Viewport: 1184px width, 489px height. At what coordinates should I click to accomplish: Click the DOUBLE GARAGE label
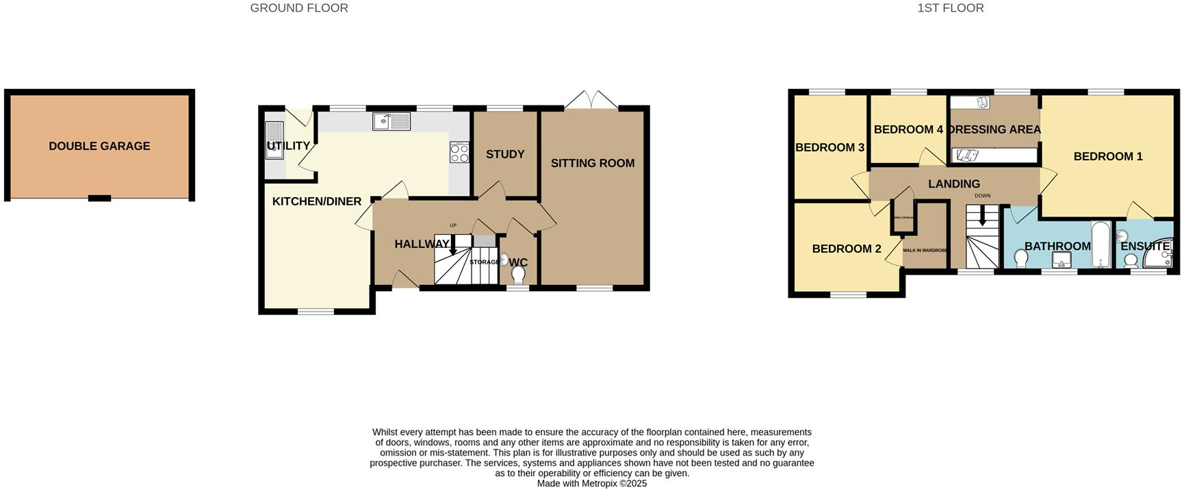click(99, 146)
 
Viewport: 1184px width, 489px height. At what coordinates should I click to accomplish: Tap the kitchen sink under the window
click(391, 122)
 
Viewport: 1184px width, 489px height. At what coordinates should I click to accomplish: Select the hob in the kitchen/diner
click(459, 152)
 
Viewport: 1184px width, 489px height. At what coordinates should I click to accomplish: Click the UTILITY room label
click(288, 146)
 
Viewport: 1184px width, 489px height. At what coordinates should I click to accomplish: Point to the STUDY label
click(505, 154)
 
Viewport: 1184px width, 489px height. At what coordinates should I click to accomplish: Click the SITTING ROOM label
click(593, 163)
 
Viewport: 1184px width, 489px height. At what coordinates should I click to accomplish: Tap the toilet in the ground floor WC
click(518, 275)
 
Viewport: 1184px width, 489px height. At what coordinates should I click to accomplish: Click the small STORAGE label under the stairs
click(484, 262)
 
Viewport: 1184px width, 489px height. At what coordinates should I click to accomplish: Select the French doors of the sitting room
click(591, 100)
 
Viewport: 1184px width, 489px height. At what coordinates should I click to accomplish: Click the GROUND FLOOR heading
click(299, 8)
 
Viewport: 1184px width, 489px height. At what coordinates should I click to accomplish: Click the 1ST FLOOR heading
click(951, 8)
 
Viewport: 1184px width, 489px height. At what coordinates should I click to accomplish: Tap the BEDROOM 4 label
click(908, 129)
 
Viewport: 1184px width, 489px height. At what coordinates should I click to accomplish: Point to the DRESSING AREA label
click(994, 129)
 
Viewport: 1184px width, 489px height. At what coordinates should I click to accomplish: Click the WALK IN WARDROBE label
click(925, 251)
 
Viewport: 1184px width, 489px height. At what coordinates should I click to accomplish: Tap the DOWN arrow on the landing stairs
click(982, 218)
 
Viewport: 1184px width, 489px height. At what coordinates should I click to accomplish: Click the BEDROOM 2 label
click(847, 249)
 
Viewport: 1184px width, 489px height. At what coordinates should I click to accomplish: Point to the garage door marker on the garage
click(99, 199)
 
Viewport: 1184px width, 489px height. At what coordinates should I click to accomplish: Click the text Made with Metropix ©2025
click(591, 484)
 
